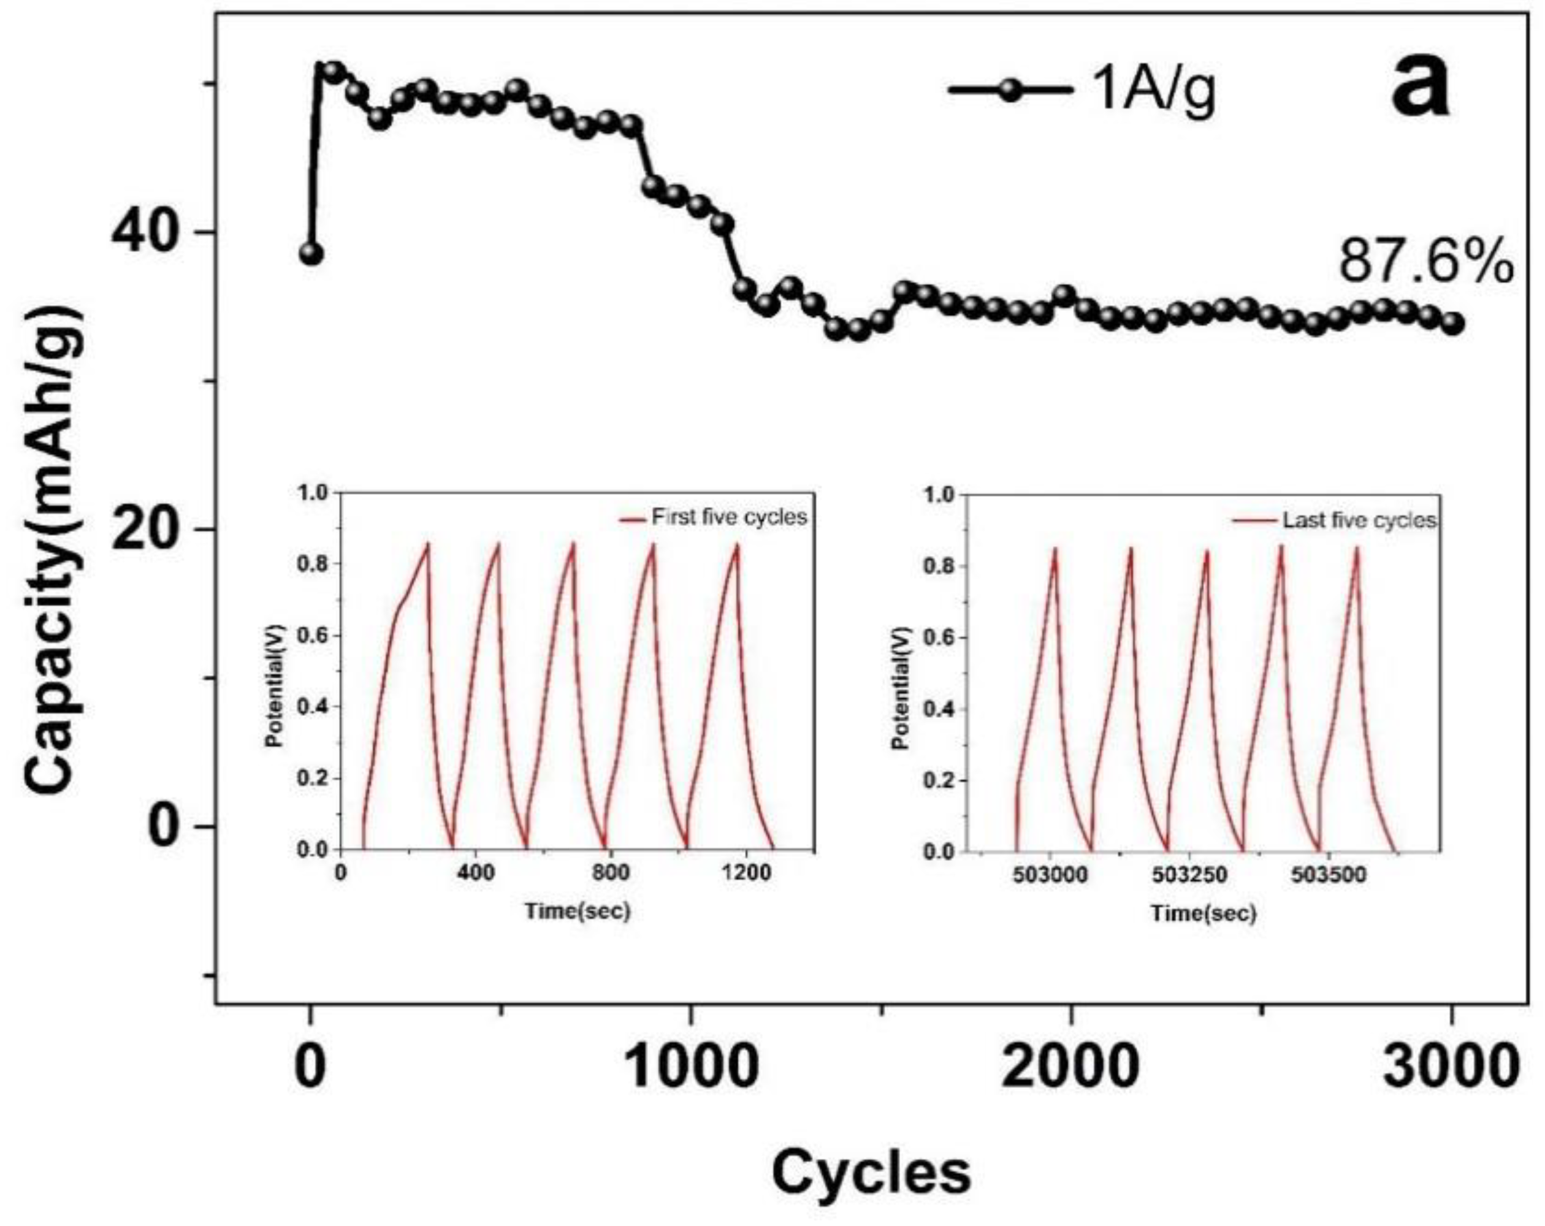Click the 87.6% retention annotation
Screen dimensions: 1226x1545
click(1425, 262)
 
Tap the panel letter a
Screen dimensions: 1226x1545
click(1421, 90)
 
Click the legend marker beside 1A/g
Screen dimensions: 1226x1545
click(1011, 90)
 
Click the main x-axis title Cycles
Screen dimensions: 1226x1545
click(871, 1172)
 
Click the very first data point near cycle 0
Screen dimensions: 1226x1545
click(311, 254)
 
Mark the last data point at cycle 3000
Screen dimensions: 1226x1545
click(1452, 324)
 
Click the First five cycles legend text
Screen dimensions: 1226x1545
click(729, 517)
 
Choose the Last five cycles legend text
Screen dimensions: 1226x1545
click(1359, 520)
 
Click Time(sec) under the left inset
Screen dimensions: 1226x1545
click(578, 911)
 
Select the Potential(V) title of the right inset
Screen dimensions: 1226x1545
click(901, 688)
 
